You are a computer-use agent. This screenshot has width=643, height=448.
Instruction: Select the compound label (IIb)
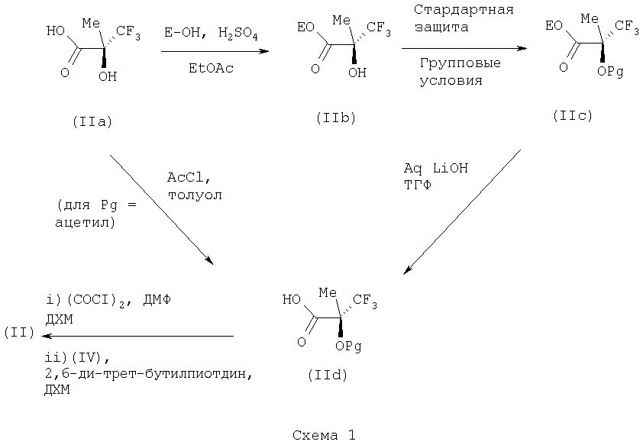click(x=335, y=118)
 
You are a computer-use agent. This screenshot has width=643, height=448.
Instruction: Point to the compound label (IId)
click(x=330, y=375)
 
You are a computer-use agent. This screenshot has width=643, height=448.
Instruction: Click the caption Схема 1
click(x=324, y=436)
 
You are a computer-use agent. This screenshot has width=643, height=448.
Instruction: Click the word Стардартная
click(x=463, y=11)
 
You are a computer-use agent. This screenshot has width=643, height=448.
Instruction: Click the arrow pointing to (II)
click(x=137, y=336)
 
